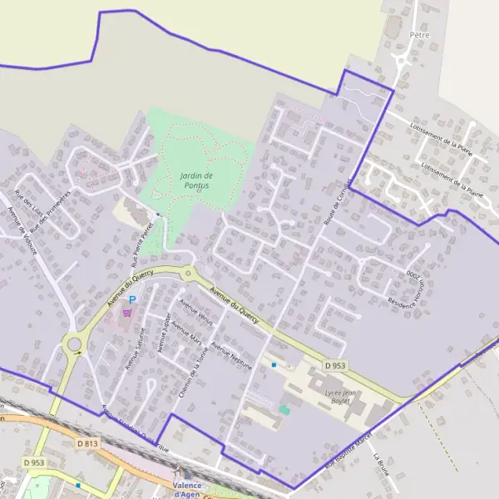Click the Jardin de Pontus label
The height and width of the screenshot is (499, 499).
196,180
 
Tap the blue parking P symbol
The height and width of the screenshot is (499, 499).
131,300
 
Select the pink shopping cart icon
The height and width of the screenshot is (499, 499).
126,313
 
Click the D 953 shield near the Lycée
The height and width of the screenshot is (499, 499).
334,365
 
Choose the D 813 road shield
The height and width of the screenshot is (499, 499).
88,443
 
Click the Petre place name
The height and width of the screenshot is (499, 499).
419,35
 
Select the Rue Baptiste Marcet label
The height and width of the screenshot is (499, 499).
348,452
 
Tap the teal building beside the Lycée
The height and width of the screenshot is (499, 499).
284,409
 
